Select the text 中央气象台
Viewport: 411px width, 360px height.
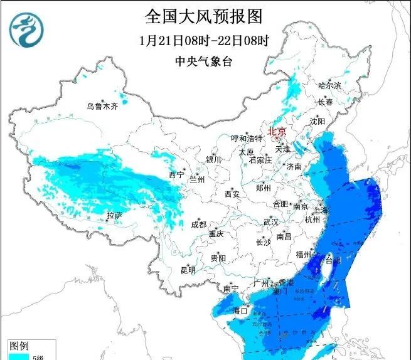[204, 61]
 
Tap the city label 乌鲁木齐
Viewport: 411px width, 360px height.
[102, 106]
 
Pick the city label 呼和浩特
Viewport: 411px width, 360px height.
[246, 139]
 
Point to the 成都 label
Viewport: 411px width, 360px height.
[198, 225]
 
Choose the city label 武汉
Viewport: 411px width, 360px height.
[270, 223]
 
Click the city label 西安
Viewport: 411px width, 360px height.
[232, 194]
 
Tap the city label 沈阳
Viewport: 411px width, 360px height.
[318, 120]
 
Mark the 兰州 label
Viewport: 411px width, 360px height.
[197, 179]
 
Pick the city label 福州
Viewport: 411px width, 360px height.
[304, 254]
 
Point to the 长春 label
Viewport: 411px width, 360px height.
[324, 102]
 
